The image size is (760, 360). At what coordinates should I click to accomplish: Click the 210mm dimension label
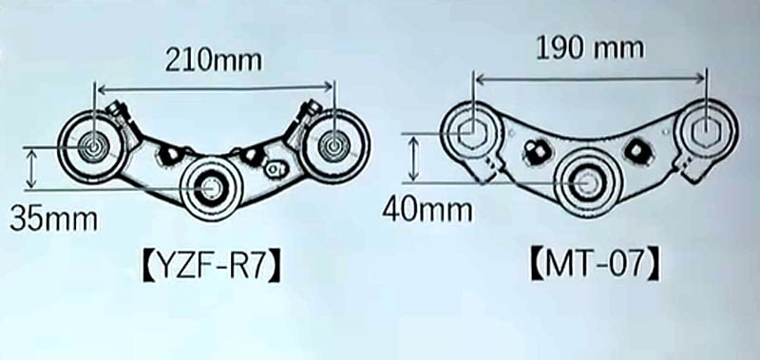pos(213,61)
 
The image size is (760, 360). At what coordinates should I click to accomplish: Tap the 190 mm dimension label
pos(590,48)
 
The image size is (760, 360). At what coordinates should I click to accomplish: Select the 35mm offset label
pos(54,219)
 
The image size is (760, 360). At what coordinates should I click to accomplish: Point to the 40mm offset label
pos(427,210)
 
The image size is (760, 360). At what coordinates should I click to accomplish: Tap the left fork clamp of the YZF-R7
pos(91,144)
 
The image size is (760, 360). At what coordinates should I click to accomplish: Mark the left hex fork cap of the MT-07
pos(470,131)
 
